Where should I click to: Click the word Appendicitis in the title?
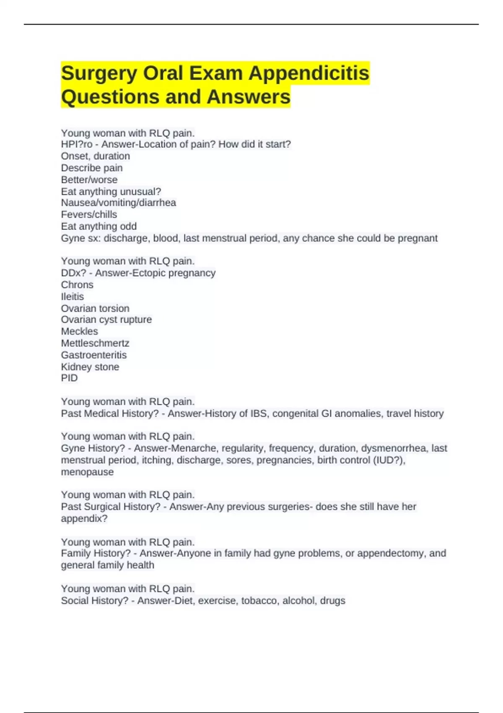[x=309, y=73]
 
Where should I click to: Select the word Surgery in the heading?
[x=99, y=73]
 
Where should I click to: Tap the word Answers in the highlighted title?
[x=248, y=97]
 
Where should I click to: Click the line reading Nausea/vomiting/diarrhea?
[x=118, y=203]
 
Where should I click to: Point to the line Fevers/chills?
[x=89, y=215]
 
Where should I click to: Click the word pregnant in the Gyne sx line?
[x=417, y=238]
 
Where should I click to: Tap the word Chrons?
[x=77, y=285]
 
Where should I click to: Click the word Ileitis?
[x=72, y=297]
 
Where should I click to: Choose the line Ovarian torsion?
[x=95, y=308]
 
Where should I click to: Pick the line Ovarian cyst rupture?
[x=106, y=320]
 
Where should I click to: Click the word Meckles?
[x=79, y=331]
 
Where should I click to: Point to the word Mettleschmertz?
[x=95, y=343]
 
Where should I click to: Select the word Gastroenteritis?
[x=93, y=355]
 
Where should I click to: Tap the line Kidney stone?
[x=90, y=367]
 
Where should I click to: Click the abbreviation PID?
[x=69, y=378]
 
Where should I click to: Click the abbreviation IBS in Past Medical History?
[x=259, y=414]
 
